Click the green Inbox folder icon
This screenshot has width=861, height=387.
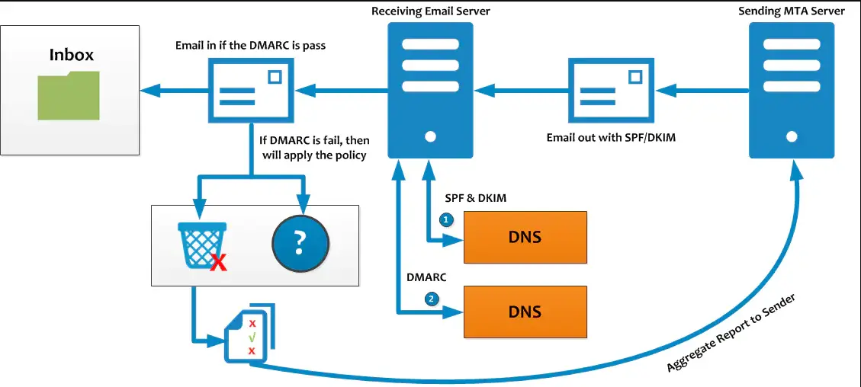[x=69, y=95]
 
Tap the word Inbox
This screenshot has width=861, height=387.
[x=72, y=55]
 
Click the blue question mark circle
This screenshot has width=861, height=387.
[x=300, y=244]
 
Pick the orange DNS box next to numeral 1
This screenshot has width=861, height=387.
[x=525, y=237]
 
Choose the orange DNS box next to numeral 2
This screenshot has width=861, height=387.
[x=525, y=312]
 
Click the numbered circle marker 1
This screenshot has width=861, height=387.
[x=447, y=219]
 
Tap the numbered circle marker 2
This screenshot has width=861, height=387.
[x=432, y=299]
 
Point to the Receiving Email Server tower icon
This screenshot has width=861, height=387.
[x=430, y=90]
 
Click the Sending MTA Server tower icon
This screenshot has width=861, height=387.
[x=792, y=90]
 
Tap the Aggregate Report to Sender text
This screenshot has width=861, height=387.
[x=731, y=333]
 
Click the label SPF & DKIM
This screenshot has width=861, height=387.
[x=475, y=198]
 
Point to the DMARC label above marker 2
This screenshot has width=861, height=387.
[x=426, y=277]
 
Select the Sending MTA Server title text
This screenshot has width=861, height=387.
[x=792, y=11]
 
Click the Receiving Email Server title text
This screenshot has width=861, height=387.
[x=430, y=11]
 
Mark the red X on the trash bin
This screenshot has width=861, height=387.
[x=219, y=264]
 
